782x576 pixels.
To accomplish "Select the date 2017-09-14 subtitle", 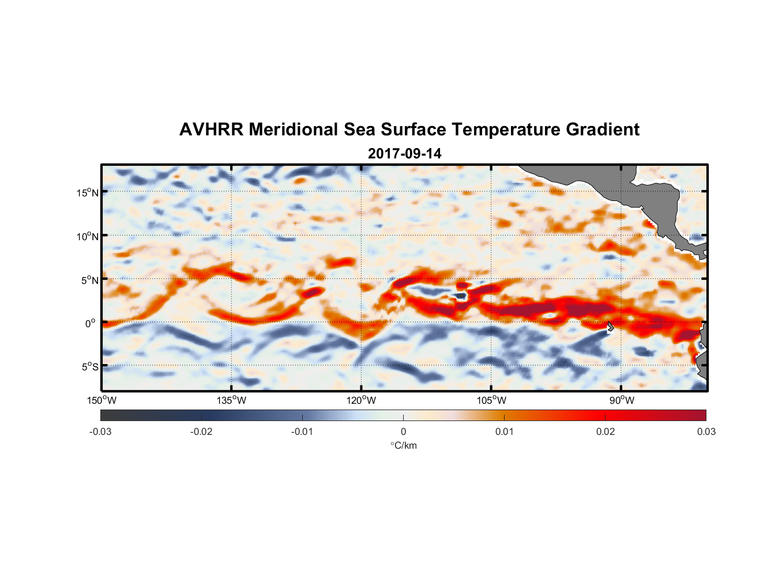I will click(x=404, y=154).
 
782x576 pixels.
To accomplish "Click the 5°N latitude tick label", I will click(x=90, y=280).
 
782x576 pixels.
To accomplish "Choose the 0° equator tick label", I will click(x=91, y=323).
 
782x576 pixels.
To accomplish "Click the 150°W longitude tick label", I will click(x=102, y=400).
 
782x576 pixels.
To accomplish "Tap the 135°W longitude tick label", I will click(x=232, y=400).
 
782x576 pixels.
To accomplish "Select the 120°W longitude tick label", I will click(x=362, y=400).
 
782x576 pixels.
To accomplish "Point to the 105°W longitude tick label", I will click(x=491, y=400).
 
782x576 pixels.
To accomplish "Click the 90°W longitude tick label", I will click(x=622, y=400).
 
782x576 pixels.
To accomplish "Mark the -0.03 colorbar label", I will click(x=100, y=431).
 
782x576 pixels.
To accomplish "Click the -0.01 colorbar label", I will click(x=302, y=431).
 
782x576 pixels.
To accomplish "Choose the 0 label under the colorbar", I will click(x=403, y=431).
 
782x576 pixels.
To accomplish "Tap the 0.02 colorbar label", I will click(x=606, y=431).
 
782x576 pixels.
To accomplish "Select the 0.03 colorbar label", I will click(x=706, y=431).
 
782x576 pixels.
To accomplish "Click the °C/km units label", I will click(x=404, y=445).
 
